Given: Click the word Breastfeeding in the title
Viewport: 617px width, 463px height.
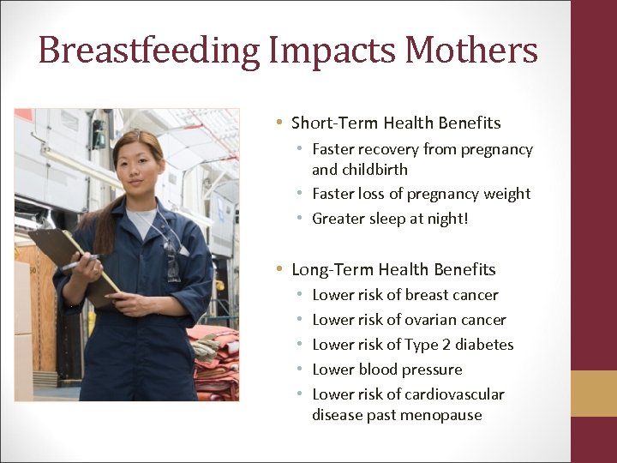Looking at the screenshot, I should [x=148, y=50].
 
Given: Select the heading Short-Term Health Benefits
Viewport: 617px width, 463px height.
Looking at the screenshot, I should [x=396, y=123].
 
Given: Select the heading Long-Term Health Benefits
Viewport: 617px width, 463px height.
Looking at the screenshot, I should [x=393, y=269].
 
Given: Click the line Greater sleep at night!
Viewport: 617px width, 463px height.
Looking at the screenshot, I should [x=390, y=219].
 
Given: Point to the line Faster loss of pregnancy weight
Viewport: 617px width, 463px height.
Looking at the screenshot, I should [x=421, y=194].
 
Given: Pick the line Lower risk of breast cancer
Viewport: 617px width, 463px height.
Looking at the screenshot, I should [x=404, y=295].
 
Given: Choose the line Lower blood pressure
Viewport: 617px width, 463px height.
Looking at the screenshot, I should [x=386, y=370].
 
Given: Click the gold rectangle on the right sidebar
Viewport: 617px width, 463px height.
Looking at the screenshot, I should [x=594, y=394].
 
